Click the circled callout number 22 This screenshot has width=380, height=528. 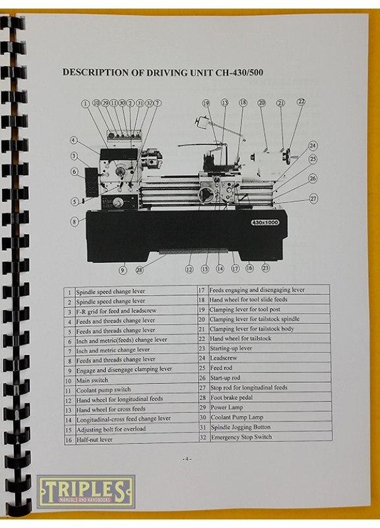pyautogui.click(x=301, y=102)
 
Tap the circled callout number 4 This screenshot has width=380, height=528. pyautogui.click(x=74, y=140)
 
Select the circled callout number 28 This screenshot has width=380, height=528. pyautogui.click(x=139, y=270)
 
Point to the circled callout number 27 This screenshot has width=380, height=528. pyautogui.click(x=313, y=199)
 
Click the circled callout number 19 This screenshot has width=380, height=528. pyautogui.click(x=206, y=103)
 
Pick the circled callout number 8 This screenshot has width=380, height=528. pyautogui.click(x=75, y=222)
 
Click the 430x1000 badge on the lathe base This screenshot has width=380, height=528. pyautogui.click(x=265, y=222)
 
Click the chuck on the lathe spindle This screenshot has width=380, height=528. pyautogui.click(x=152, y=160)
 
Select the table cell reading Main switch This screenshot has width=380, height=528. pyautogui.click(x=92, y=380)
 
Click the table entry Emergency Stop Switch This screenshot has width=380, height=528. pyautogui.click(x=241, y=437)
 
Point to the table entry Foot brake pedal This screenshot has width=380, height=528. pyautogui.click(x=232, y=398)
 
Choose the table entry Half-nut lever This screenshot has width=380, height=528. pyautogui.click(x=94, y=440)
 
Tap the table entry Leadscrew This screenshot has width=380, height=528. pyautogui.click(x=224, y=358)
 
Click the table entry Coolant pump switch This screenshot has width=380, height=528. pyautogui.click(x=104, y=390)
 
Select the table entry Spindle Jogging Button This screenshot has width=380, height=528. pyautogui.click(x=241, y=427)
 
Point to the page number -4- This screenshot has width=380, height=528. pyautogui.click(x=187, y=459)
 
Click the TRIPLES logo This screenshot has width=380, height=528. pyautogui.click(x=86, y=491)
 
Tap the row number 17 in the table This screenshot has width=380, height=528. pyautogui.click(x=202, y=290)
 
